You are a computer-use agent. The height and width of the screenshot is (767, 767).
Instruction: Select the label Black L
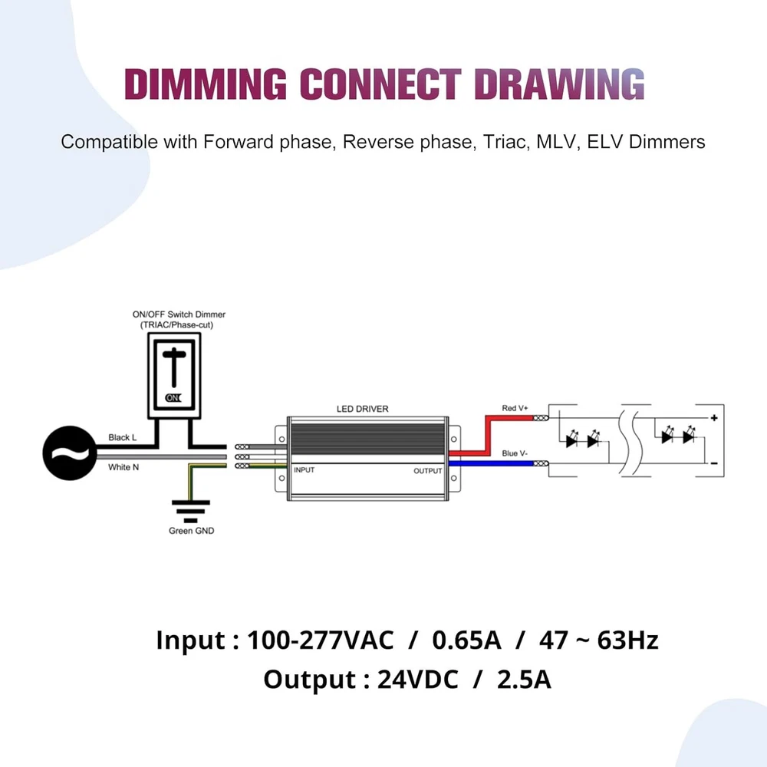(123, 438)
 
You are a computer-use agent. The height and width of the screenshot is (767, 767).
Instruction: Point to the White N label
(123, 467)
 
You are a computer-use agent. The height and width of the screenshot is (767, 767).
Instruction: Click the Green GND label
(191, 531)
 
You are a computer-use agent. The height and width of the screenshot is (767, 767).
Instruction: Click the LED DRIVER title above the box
(363, 409)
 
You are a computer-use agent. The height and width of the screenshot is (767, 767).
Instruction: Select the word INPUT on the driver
(304, 469)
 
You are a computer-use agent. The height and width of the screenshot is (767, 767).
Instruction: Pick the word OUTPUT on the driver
(428, 470)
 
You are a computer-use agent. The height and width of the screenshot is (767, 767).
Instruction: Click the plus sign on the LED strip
(713, 418)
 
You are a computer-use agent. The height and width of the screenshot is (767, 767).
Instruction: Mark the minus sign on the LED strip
(713, 463)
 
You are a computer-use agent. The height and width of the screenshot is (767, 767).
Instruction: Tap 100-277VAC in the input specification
(321, 640)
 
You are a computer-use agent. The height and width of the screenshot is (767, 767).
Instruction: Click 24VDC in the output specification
(416, 680)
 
